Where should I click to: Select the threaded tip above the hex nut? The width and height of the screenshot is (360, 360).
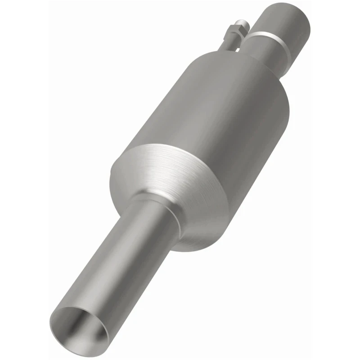point(243,22)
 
